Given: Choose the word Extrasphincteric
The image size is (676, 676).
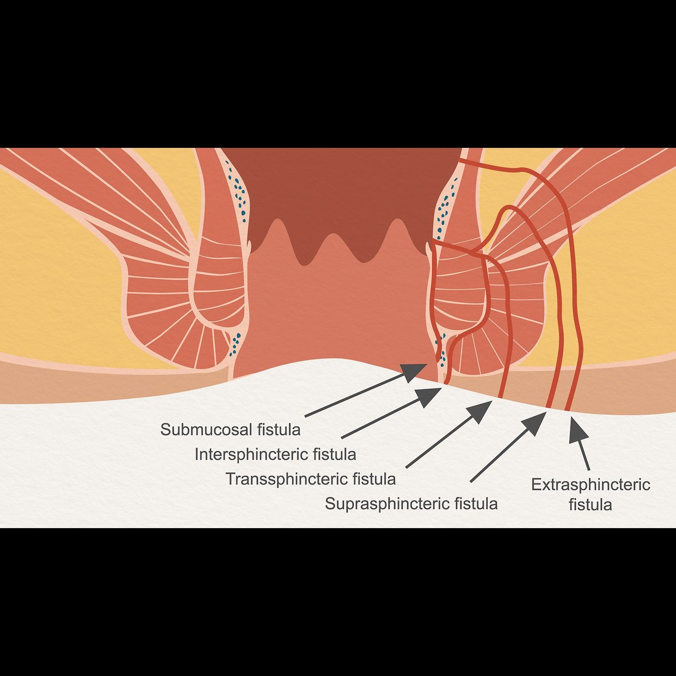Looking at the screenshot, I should click(591, 484).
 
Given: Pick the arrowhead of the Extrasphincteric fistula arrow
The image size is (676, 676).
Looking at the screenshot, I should click(577, 430).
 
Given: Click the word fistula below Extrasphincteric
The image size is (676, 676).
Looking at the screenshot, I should click(591, 505).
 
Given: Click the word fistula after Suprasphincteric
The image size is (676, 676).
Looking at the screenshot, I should click(476, 504).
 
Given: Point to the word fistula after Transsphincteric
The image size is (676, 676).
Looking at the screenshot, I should click(374, 479).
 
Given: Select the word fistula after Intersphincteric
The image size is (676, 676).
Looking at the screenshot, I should click(335, 454).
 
